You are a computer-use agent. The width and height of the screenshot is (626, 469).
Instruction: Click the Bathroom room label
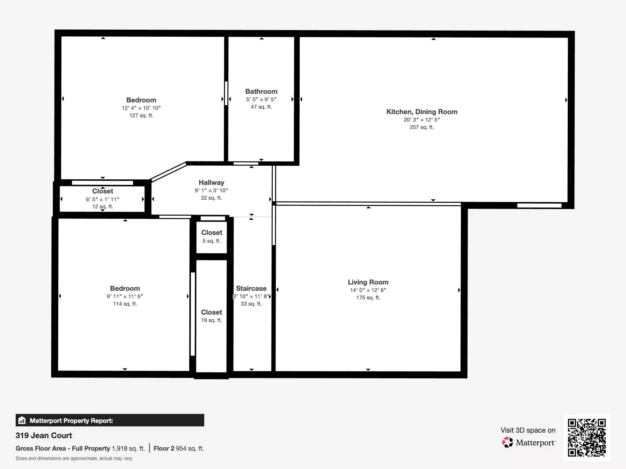(x=261, y=91)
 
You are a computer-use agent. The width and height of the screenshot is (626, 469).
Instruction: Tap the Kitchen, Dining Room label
(x=422, y=112)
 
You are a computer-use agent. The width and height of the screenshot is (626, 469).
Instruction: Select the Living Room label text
(x=368, y=282)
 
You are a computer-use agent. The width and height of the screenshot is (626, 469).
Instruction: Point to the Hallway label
(x=211, y=183)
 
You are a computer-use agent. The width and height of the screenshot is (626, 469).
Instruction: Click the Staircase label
(x=251, y=288)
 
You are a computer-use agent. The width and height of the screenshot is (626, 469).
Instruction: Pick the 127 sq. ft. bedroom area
(x=141, y=115)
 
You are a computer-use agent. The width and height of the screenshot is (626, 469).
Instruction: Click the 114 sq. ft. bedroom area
(x=125, y=304)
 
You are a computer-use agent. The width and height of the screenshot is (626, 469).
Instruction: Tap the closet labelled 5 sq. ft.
(x=212, y=236)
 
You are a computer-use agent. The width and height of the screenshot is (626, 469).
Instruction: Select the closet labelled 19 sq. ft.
(x=211, y=316)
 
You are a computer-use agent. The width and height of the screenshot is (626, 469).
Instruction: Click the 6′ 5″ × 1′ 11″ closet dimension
(x=103, y=199)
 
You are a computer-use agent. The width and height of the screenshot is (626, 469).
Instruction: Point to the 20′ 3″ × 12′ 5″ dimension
(x=421, y=120)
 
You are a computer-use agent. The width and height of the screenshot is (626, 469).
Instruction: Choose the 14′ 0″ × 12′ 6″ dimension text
(x=368, y=290)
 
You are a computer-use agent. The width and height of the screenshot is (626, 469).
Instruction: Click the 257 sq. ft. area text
(x=421, y=127)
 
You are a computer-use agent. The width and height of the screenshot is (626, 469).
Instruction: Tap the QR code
(x=586, y=438)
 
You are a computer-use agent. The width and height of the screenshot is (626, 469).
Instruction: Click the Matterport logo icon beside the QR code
(x=507, y=442)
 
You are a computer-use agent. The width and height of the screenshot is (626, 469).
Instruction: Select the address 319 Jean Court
(x=44, y=435)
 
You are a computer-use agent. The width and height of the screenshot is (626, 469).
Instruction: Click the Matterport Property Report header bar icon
(x=22, y=420)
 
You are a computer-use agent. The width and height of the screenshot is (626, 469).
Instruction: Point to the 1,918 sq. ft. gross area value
(x=128, y=449)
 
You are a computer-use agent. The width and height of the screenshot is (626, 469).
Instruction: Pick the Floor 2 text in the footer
(x=164, y=449)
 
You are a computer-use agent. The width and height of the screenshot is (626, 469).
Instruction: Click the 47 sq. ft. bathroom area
(x=261, y=107)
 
